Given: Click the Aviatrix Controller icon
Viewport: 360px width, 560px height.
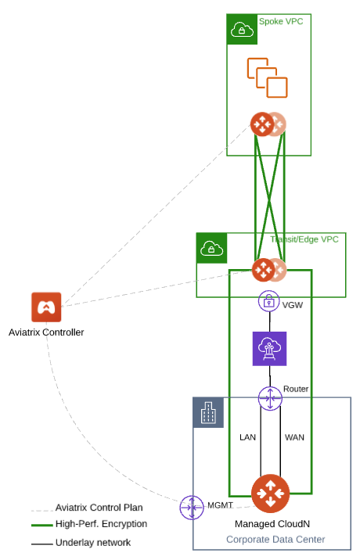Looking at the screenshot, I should [x=46, y=307].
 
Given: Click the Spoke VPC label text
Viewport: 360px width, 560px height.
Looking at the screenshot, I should [x=281, y=21].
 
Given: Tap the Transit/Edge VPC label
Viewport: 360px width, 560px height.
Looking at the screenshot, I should [x=304, y=239].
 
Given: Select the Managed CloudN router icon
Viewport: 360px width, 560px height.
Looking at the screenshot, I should [x=271, y=494].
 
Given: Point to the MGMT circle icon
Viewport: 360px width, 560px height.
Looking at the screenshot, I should [x=191, y=508].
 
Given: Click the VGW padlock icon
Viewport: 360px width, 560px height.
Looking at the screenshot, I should [x=269, y=301].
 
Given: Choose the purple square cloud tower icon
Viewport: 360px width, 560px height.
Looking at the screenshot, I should [x=269, y=349].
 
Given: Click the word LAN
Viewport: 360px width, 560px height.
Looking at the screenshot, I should [x=248, y=437].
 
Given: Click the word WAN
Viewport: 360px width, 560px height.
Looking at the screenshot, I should [x=294, y=437].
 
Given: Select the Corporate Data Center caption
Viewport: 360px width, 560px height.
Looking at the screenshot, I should [x=275, y=540].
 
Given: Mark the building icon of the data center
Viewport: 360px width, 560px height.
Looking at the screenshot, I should [x=208, y=413].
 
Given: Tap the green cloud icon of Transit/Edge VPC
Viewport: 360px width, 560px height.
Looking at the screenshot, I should [x=211, y=248].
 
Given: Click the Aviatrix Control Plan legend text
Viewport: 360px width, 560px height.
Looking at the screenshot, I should [x=99, y=508].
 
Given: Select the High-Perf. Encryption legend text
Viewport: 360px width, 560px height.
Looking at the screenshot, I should [x=101, y=524].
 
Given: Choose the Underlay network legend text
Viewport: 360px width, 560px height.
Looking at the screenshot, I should [x=93, y=542].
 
